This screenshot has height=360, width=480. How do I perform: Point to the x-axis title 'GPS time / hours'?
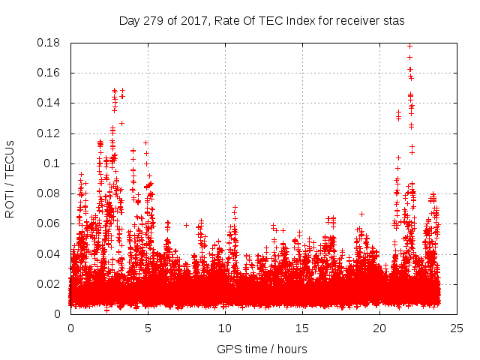click(262, 349)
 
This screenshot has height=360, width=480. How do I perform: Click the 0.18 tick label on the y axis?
click(50, 43)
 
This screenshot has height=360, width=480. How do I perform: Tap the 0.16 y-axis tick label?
click(50, 73)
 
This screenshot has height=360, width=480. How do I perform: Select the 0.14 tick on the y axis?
click(50, 103)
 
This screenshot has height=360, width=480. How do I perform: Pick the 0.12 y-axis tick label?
click(50, 133)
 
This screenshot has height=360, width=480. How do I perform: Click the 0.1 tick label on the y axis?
click(53, 163)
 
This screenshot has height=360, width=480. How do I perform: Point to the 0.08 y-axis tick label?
click(50, 193)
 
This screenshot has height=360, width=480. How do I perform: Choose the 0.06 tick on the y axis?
click(50, 223)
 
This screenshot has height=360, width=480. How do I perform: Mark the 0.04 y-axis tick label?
click(50, 253)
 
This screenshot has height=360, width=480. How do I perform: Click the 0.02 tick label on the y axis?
click(50, 284)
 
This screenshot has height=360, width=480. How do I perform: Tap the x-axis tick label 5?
click(148, 328)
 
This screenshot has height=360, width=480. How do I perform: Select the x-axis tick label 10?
click(225, 328)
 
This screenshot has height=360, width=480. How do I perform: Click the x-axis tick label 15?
click(302, 328)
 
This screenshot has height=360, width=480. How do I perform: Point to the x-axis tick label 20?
click(379, 328)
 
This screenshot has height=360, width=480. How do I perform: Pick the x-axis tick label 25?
click(457, 328)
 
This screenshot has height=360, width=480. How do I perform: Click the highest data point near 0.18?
click(409, 46)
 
